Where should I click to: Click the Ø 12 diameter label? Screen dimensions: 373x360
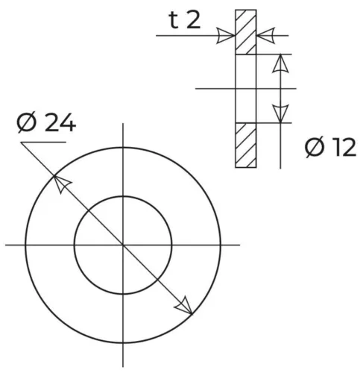[x=331, y=148]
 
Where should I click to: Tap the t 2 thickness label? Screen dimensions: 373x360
[x=185, y=20]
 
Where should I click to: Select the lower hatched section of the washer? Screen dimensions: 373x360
[x=246, y=145]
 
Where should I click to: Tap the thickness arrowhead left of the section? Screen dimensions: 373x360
[x=227, y=34]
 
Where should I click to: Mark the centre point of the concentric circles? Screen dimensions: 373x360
[x=123, y=244]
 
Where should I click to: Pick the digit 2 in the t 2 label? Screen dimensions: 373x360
[x=193, y=20]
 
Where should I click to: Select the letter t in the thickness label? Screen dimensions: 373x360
[x=174, y=20]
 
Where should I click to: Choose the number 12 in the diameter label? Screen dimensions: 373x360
[x=343, y=148]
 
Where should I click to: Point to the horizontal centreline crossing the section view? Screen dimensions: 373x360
[x=216, y=89]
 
